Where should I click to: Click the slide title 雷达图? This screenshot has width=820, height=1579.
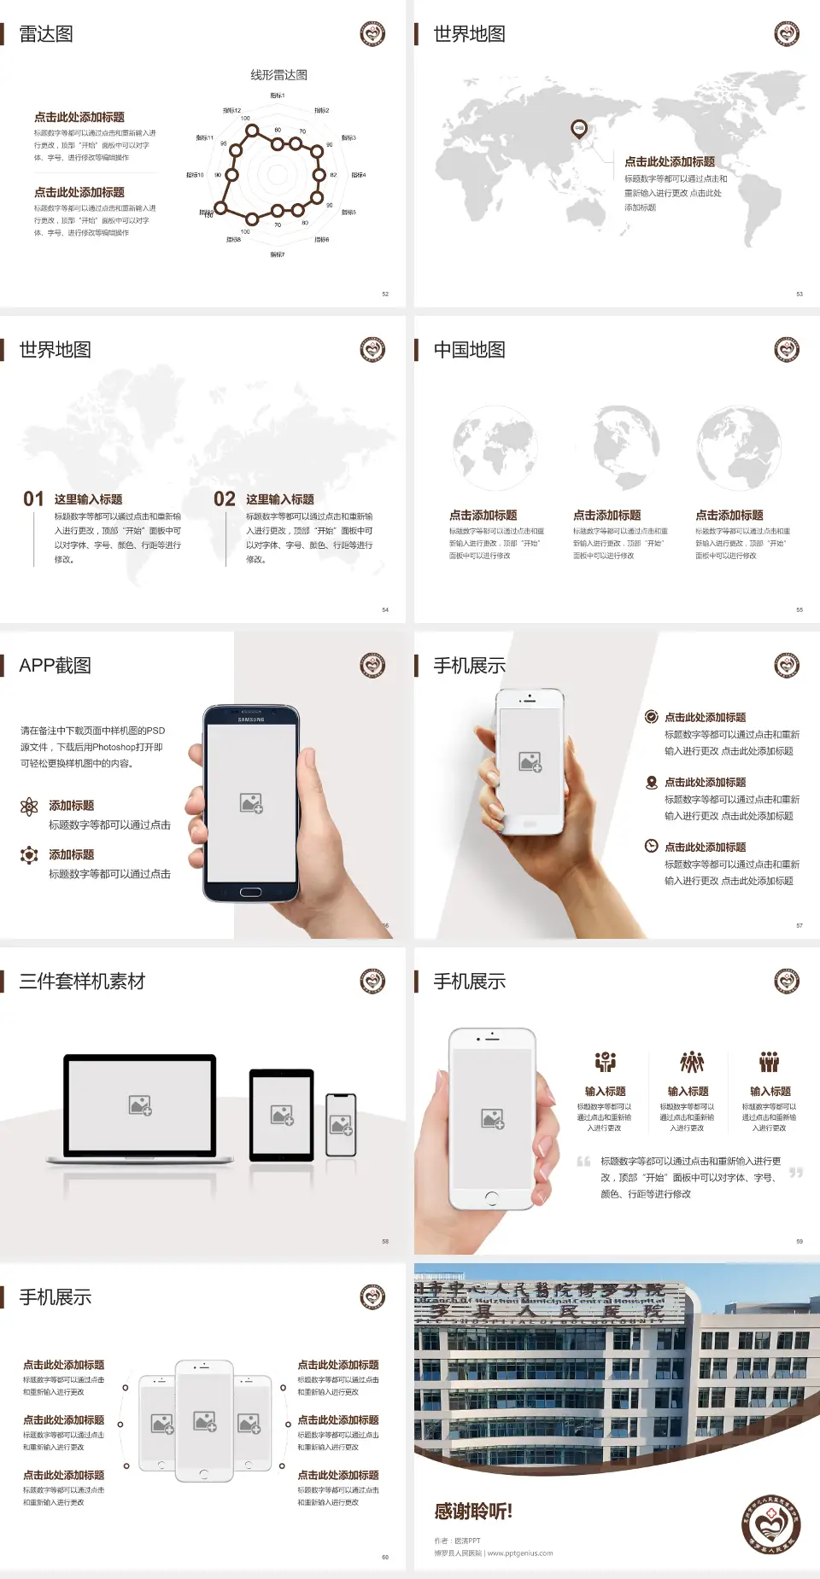click(x=46, y=34)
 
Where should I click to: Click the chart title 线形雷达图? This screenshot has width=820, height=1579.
click(x=278, y=75)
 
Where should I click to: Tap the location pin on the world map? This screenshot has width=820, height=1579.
click(x=578, y=129)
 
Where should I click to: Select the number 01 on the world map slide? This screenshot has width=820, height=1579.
click(x=33, y=499)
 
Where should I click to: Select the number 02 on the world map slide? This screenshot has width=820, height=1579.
click(x=225, y=499)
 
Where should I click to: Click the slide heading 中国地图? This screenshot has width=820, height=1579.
click(x=469, y=350)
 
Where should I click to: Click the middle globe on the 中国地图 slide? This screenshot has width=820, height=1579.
click(x=625, y=446)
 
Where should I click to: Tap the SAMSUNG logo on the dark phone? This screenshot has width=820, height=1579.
click(x=251, y=720)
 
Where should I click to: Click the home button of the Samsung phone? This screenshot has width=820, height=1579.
click(x=250, y=892)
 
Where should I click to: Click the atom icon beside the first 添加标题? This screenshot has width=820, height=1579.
click(x=29, y=807)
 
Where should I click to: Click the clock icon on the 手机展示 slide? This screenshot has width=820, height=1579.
click(x=651, y=846)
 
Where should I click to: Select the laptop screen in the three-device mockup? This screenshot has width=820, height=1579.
click(x=140, y=1105)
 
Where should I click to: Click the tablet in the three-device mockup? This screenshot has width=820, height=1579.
click(x=282, y=1114)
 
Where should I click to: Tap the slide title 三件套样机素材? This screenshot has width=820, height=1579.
click(x=82, y=982)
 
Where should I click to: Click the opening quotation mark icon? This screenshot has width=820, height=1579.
click(x=583, y=1162)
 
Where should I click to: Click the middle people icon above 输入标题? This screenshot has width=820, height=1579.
click(x=691, y=1062)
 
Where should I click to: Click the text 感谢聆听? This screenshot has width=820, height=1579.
click(x=473, y=1512)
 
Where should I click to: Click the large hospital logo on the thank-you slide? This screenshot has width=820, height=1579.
click(x=770, y=1524)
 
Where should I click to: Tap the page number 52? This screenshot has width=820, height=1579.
click(x=385, y=294)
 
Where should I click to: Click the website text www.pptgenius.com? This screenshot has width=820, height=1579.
click(x=520, y=1553)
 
